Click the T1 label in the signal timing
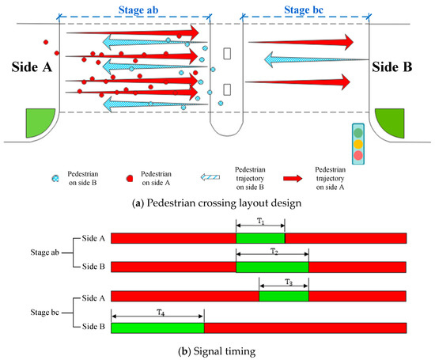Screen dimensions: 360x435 tap(260, 220)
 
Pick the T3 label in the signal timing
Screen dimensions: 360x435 tap(283, 282)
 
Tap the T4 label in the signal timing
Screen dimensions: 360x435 tap(157, 311)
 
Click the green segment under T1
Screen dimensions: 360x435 tap(260, 238)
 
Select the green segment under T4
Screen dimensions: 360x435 tap(157, 327)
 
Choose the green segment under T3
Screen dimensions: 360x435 tap(283, 296)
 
